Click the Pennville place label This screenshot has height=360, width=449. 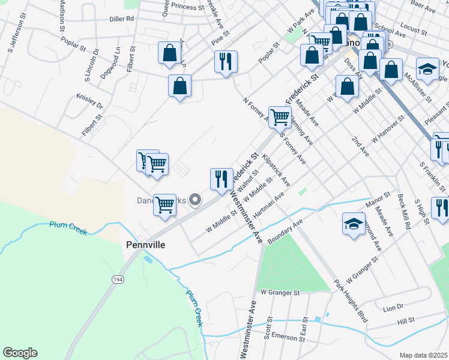coord(145,245)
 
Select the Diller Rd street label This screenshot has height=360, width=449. coord(121,19)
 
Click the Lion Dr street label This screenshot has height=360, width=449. coord(393,307)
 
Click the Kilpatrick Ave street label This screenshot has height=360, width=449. coord(278,173)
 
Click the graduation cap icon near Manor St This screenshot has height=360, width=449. coord(354,223)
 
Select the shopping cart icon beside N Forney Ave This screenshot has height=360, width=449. coord(280,117)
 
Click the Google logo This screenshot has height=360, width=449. coord(20,353)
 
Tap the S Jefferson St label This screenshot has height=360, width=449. coord(15,35)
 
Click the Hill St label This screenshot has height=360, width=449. coord(406,322)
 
